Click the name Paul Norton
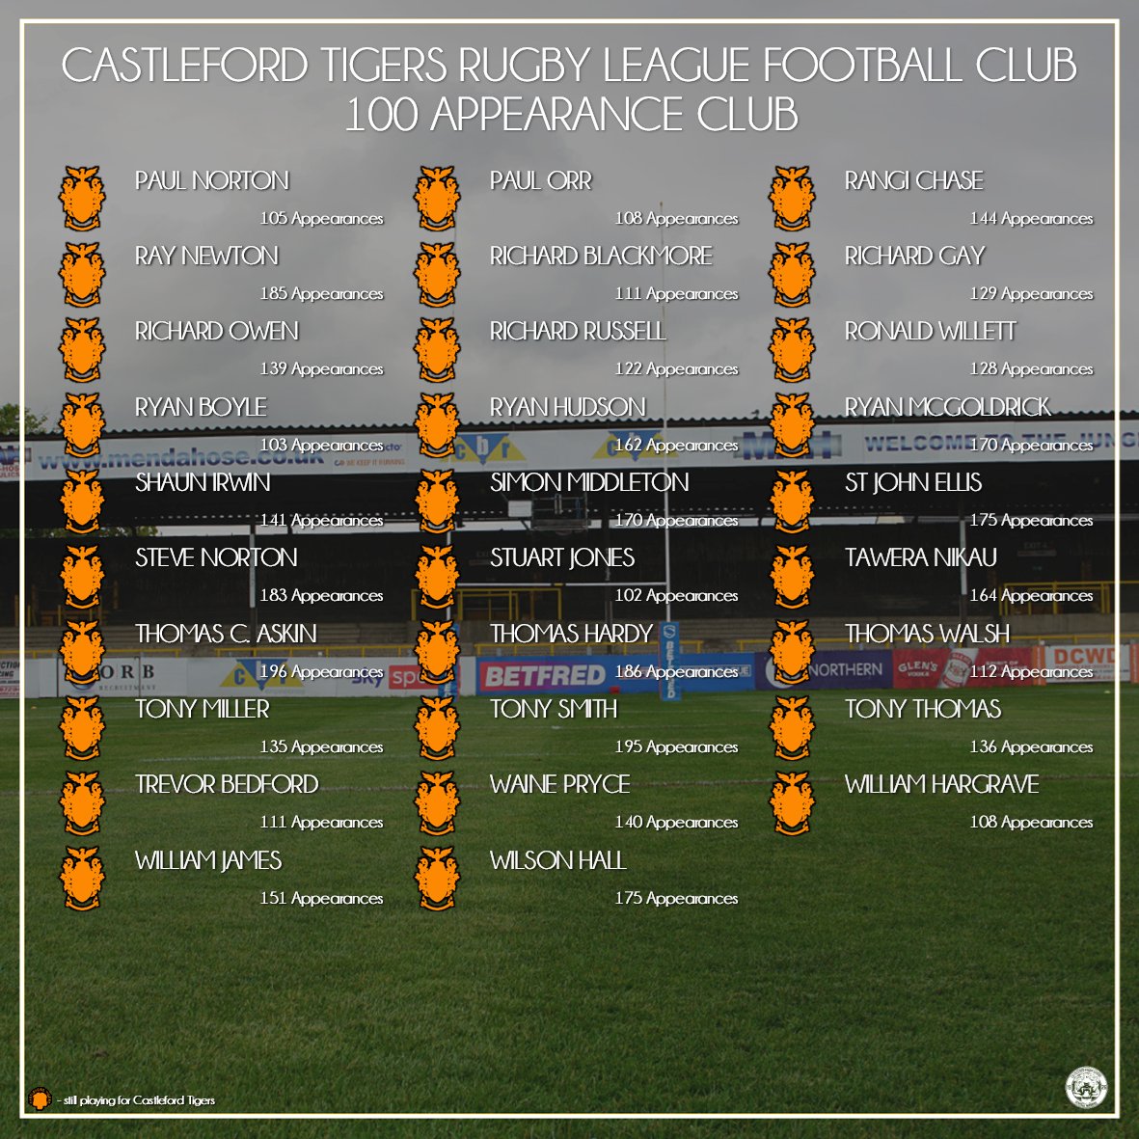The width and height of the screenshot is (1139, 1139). point(211,180)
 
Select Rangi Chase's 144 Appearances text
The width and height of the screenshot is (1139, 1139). point(1031,219)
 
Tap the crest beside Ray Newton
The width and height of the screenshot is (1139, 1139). point(82,274)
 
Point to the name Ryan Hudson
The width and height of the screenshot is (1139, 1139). point(567,407)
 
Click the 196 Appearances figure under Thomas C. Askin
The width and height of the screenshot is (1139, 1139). point(321,671)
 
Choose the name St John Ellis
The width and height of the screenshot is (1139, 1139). point(912,482)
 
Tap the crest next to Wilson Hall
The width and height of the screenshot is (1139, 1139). point(437,878)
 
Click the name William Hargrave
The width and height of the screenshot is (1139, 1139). point(941,784)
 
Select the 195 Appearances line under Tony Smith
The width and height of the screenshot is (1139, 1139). point(676,746)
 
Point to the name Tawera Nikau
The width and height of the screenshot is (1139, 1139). point(920,557)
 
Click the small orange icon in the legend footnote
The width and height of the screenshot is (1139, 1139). point(38,1098)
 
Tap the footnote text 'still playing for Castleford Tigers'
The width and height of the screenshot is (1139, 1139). point(139,1100)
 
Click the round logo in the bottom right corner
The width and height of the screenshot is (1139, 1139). point(1086,1087)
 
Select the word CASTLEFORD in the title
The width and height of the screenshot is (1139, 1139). point(184,66)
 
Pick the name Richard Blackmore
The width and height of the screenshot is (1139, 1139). point(601,256)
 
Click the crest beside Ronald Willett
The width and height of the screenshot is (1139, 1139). point(792,349)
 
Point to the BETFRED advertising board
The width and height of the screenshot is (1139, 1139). point(544,676)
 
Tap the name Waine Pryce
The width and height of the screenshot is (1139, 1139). point(559,784)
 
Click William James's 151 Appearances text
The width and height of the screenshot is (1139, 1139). point(321,898)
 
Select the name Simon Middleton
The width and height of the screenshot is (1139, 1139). point(589,482)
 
